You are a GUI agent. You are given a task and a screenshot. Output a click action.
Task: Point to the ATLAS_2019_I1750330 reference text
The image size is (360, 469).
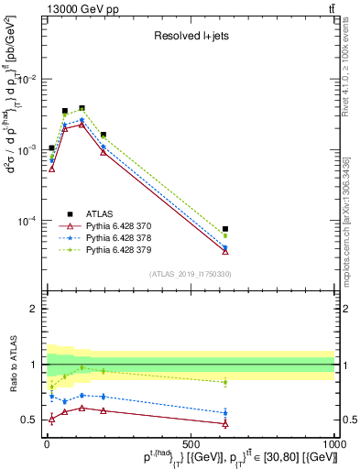point(191,274)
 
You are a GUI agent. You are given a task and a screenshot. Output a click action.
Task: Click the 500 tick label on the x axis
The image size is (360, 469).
point(191,442)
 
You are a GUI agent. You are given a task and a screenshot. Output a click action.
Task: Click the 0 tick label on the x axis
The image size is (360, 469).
point(47,442)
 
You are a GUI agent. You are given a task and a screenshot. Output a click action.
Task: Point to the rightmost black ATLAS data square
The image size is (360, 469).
point(225,229)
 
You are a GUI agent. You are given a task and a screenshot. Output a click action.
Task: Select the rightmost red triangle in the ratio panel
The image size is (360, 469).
point(225,423)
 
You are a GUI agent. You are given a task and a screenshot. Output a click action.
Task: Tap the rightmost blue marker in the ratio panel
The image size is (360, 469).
point(225,412)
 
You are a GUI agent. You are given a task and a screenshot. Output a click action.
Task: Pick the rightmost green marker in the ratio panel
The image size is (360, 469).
point(225,382)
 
